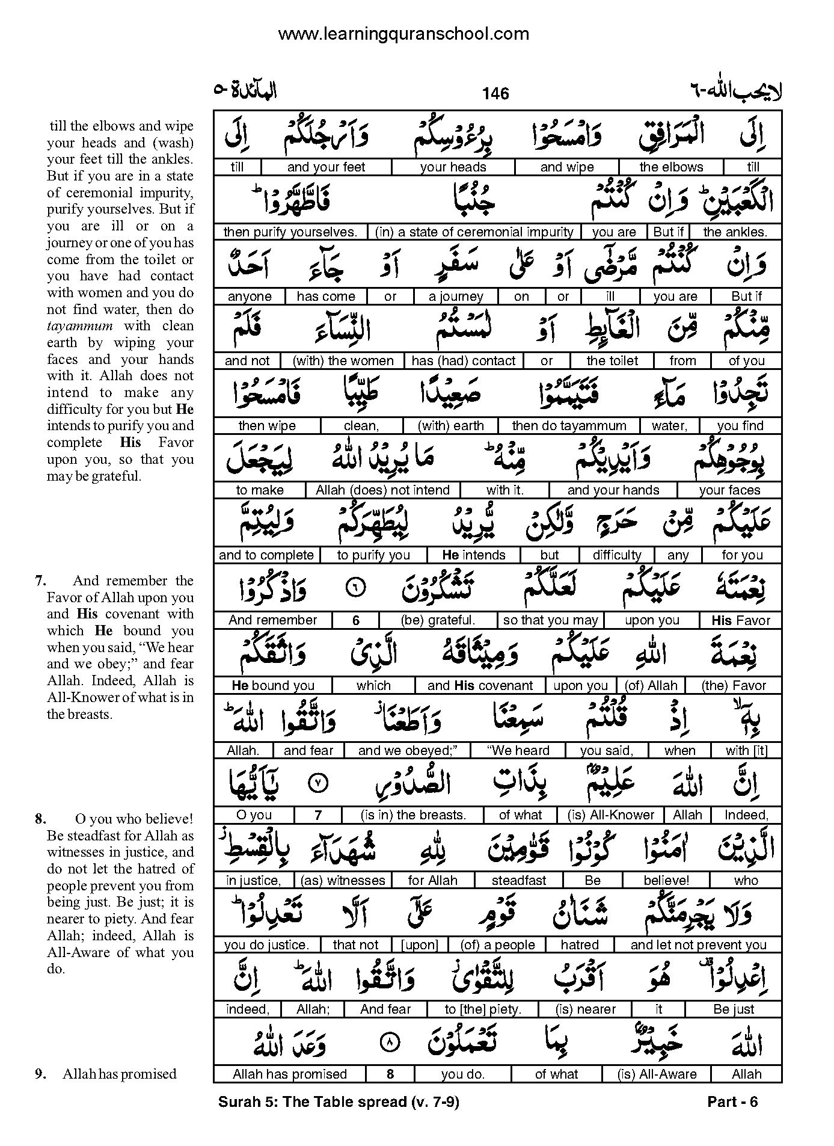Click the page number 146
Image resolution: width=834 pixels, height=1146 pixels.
coord(495,93)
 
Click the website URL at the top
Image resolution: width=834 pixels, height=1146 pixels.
coord(403,34)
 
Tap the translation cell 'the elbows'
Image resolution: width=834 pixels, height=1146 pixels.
coord(671,167)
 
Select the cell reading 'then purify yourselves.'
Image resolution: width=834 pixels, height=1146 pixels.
coord(290,232)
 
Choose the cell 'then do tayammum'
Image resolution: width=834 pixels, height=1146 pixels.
coord(569,426)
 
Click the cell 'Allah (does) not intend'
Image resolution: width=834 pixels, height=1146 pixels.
coord(382,490)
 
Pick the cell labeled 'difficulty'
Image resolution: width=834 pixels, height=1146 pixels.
coord(617,555)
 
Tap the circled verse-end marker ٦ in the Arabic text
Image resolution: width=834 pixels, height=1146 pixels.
coord(356,589)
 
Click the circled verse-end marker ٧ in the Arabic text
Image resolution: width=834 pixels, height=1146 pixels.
coord(318,783)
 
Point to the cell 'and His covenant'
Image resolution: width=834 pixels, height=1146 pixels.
coord(480,686)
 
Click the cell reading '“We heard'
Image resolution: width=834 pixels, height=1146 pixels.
coord(518,751)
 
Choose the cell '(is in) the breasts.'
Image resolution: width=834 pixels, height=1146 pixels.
coord(413,815)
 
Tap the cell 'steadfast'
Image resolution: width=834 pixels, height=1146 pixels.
coord(519,881)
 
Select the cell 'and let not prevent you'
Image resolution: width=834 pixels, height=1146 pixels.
coord(698,945)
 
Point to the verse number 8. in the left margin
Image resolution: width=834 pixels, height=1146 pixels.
coord(41,819)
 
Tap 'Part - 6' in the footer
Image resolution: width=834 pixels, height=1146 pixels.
coord(732,1101)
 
